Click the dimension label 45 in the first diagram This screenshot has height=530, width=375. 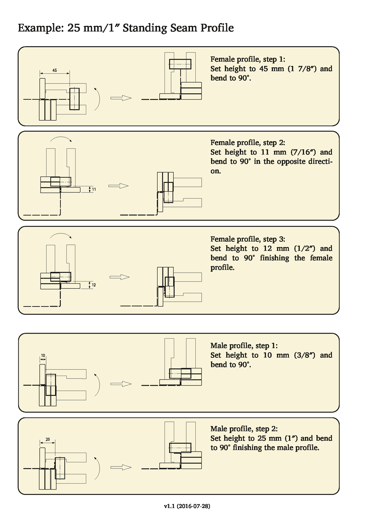click(54, 70)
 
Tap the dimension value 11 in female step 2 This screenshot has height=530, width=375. click(94, 189)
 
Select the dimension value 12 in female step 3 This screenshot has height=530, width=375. click(94, 285)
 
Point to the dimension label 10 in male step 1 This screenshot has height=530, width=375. click(43, 355)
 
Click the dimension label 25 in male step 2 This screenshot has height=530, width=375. click(48, 439)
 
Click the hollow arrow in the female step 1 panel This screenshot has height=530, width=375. click(121, 98)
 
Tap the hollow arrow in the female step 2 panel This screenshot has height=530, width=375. click(118, 186)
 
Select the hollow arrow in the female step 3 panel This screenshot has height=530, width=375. click(119, 277)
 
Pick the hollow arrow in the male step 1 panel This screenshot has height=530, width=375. click(121, 384)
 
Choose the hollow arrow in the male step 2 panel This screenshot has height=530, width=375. click(121, 467)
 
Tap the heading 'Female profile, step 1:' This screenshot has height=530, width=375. click(248, 59)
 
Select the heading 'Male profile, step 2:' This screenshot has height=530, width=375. click(244, 429)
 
